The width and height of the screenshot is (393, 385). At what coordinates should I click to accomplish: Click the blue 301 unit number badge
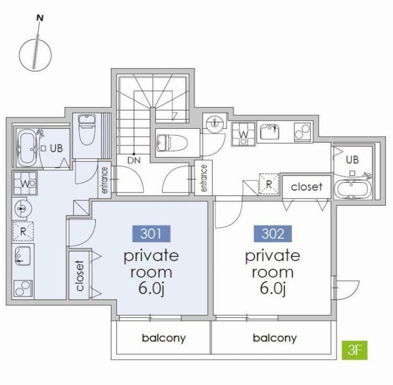click(151, 234)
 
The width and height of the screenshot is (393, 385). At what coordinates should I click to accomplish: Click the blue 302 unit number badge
click(272, 234)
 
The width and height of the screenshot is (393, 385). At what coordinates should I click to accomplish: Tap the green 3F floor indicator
click(355, 350)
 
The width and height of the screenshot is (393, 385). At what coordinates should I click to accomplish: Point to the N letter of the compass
click(40, 18)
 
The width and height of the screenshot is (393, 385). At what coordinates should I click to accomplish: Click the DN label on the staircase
click(134, 160)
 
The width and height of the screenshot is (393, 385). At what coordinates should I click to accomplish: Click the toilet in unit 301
click(86, 129)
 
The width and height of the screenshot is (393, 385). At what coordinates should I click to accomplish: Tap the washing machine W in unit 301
click(25, 183)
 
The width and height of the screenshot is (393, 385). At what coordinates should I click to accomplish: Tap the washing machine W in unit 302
click(243, 134)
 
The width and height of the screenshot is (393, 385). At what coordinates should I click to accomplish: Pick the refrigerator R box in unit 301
click(23, 231)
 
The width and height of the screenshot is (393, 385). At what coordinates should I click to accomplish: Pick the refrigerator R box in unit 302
click(269, 184)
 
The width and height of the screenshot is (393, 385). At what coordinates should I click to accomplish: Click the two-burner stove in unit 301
click(23, 289)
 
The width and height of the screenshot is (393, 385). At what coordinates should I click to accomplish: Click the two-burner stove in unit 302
click(302, 132)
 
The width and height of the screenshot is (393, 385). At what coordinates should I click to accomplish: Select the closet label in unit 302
click(307, 186)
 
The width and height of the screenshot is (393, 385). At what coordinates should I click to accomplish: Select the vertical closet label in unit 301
click(80, 276)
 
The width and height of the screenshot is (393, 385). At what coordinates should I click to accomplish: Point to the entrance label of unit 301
click(104, 180)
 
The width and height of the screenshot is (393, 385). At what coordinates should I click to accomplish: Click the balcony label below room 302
click(275, 338)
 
